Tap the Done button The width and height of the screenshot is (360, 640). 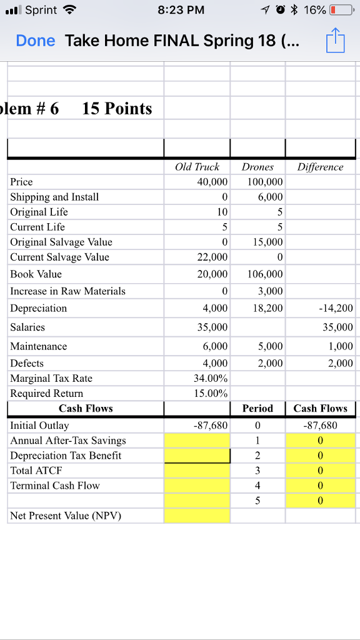[36, 41]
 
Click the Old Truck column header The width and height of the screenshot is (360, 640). [197, 167]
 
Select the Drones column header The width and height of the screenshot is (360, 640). [257, 167]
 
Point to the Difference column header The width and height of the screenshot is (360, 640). [320, 167]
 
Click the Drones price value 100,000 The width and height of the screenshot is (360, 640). [266, 182]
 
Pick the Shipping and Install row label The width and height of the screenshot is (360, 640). [54, 197]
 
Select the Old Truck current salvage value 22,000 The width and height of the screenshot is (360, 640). [212, 257]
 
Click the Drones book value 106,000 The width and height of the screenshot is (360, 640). [266, 274]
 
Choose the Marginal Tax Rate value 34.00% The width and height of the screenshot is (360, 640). [211, 378]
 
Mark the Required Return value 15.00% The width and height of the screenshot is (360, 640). [211, 393]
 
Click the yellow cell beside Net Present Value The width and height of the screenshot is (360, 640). [197, 516]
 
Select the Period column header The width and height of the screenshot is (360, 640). [257, 408]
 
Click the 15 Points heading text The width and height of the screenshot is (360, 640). [117, 109]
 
